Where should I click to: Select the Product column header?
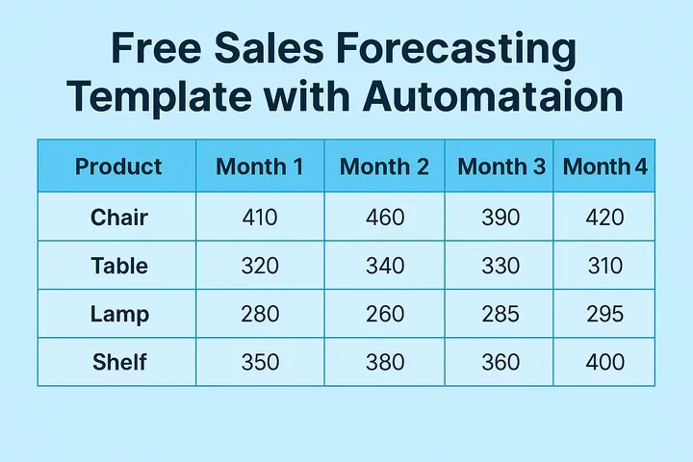[118, 167]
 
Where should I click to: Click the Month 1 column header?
[260, 167]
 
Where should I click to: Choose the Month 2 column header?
[384, 167]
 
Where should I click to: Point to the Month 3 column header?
[500, 167]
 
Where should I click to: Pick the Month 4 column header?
[604, 167]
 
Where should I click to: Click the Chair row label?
[119, 218]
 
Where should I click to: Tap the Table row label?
[119, 266]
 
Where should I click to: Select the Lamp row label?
[119, 314]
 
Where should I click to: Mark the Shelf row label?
[119, 362]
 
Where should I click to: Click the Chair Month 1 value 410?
[260, 218]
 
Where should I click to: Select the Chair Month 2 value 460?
[385, 218]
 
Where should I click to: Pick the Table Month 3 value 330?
[500, 266]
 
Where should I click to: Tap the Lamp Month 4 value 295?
[604, 314]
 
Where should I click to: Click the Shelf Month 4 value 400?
[604, 362]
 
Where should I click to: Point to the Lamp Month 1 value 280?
[260, 314]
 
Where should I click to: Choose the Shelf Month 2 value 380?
[385, 362]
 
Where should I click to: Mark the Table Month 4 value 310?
[604, 266]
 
